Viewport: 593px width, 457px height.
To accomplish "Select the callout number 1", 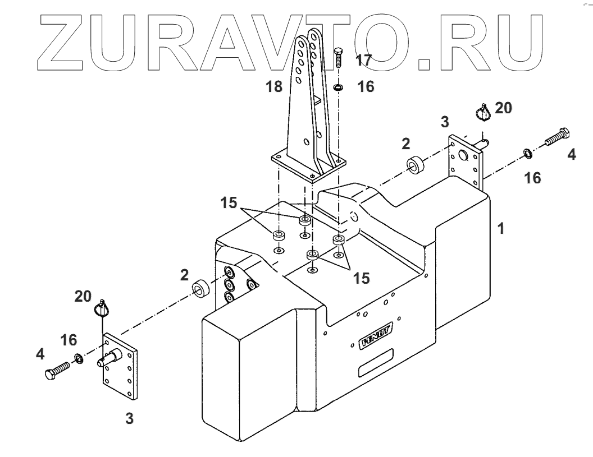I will (x=501, y=229).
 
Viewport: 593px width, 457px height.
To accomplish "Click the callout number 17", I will (x=363, y=61).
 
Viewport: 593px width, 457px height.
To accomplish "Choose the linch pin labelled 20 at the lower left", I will (x=102, y=308).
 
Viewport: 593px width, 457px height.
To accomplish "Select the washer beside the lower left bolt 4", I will (x=79, y=358).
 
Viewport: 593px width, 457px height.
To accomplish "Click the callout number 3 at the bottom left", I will (x=129, y=418).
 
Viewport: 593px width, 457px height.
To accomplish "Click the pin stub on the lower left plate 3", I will (x=111, y=358).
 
